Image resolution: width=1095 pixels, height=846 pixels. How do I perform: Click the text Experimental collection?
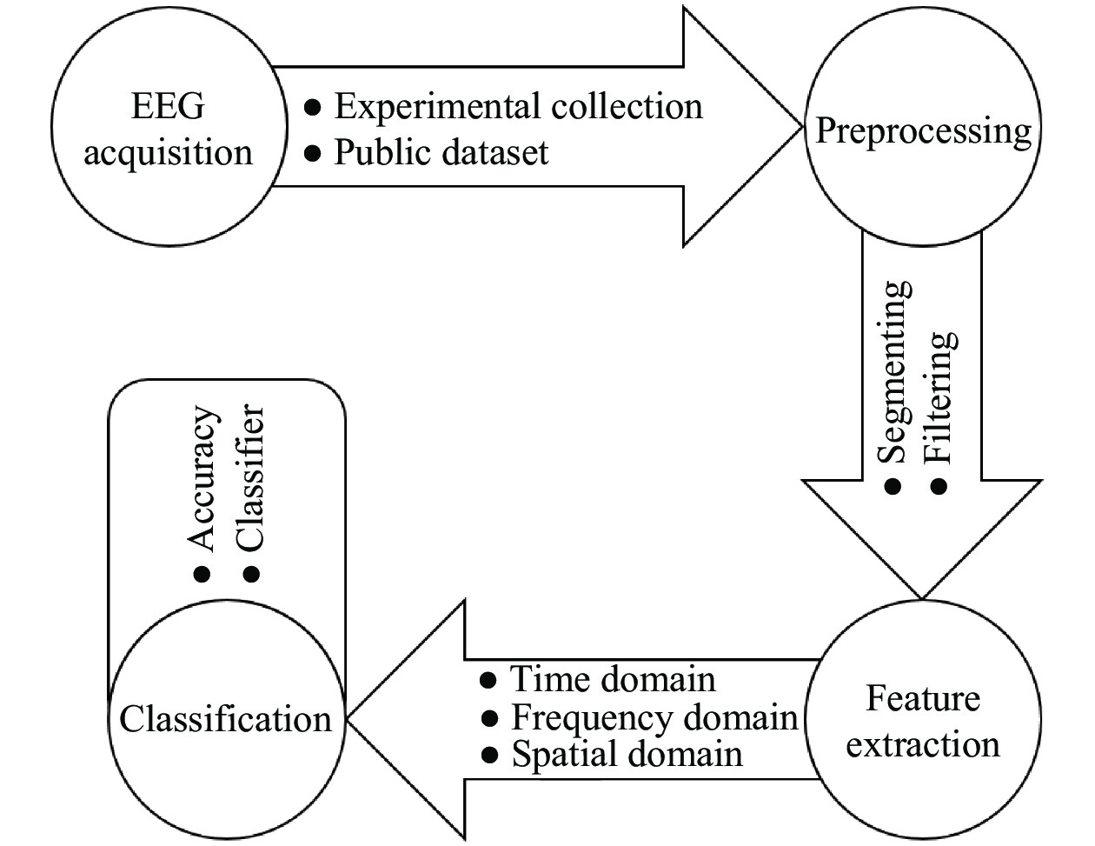518,107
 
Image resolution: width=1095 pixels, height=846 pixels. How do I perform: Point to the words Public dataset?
441,152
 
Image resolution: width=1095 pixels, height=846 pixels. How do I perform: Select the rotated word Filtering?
940,397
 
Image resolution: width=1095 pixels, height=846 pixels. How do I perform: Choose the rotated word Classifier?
249,477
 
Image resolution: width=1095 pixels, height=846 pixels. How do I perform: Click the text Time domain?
613,680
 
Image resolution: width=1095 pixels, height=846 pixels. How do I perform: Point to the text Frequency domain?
655,717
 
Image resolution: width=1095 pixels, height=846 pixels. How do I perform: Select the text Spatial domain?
627,755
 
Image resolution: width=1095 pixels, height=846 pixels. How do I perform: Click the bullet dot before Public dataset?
313,153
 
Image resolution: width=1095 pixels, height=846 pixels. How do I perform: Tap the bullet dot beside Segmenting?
893,487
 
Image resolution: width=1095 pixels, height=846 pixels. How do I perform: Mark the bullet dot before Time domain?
488,681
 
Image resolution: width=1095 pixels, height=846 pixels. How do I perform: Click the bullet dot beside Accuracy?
202,574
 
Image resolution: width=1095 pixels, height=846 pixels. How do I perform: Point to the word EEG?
169,106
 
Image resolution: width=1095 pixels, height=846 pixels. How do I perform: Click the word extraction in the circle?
923,745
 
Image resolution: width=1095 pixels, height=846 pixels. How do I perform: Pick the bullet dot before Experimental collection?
313,108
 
